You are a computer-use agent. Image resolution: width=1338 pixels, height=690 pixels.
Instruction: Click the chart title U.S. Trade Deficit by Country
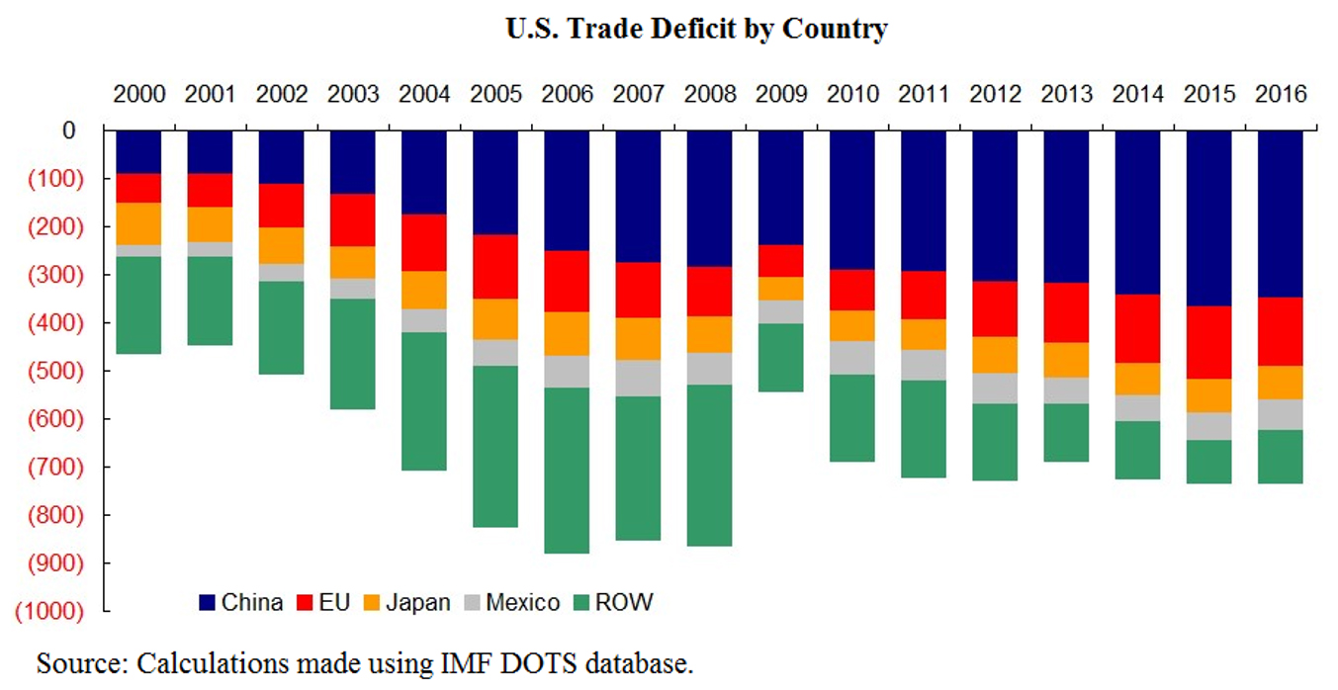point(696,29)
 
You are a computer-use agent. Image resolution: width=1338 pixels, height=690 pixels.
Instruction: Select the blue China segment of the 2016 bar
point(1281,213)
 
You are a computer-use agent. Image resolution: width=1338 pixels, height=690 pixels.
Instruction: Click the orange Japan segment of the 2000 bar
point(138,223)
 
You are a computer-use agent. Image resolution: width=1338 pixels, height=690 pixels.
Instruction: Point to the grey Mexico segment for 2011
point(924,365)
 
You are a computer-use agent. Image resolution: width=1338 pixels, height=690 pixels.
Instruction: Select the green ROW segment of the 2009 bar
point(781,358)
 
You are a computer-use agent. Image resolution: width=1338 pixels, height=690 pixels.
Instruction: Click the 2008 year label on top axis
point(710,95)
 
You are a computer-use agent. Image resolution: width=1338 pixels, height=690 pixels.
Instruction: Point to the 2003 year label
point(353,95)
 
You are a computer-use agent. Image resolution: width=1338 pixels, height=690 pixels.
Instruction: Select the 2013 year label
point(1066,95)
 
